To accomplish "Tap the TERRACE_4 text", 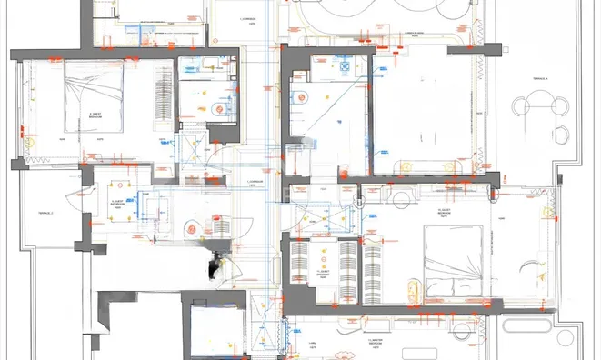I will click(540, 80).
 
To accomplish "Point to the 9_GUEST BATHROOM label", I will click(118, 204).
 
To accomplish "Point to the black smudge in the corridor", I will click(216, 269).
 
